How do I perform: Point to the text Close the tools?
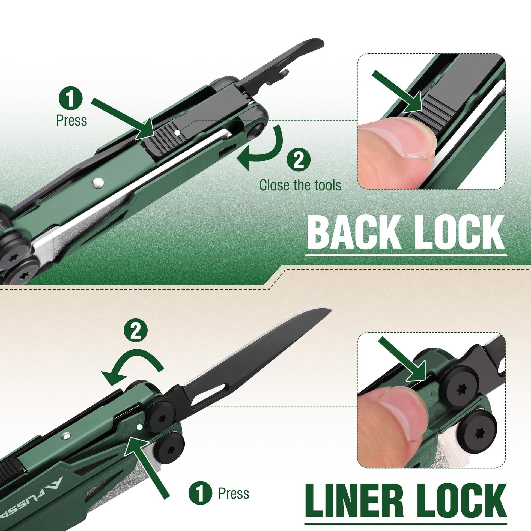click(300, 185)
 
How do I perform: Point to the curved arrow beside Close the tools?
click(264, 150)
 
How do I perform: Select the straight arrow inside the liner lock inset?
click(403, 360)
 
